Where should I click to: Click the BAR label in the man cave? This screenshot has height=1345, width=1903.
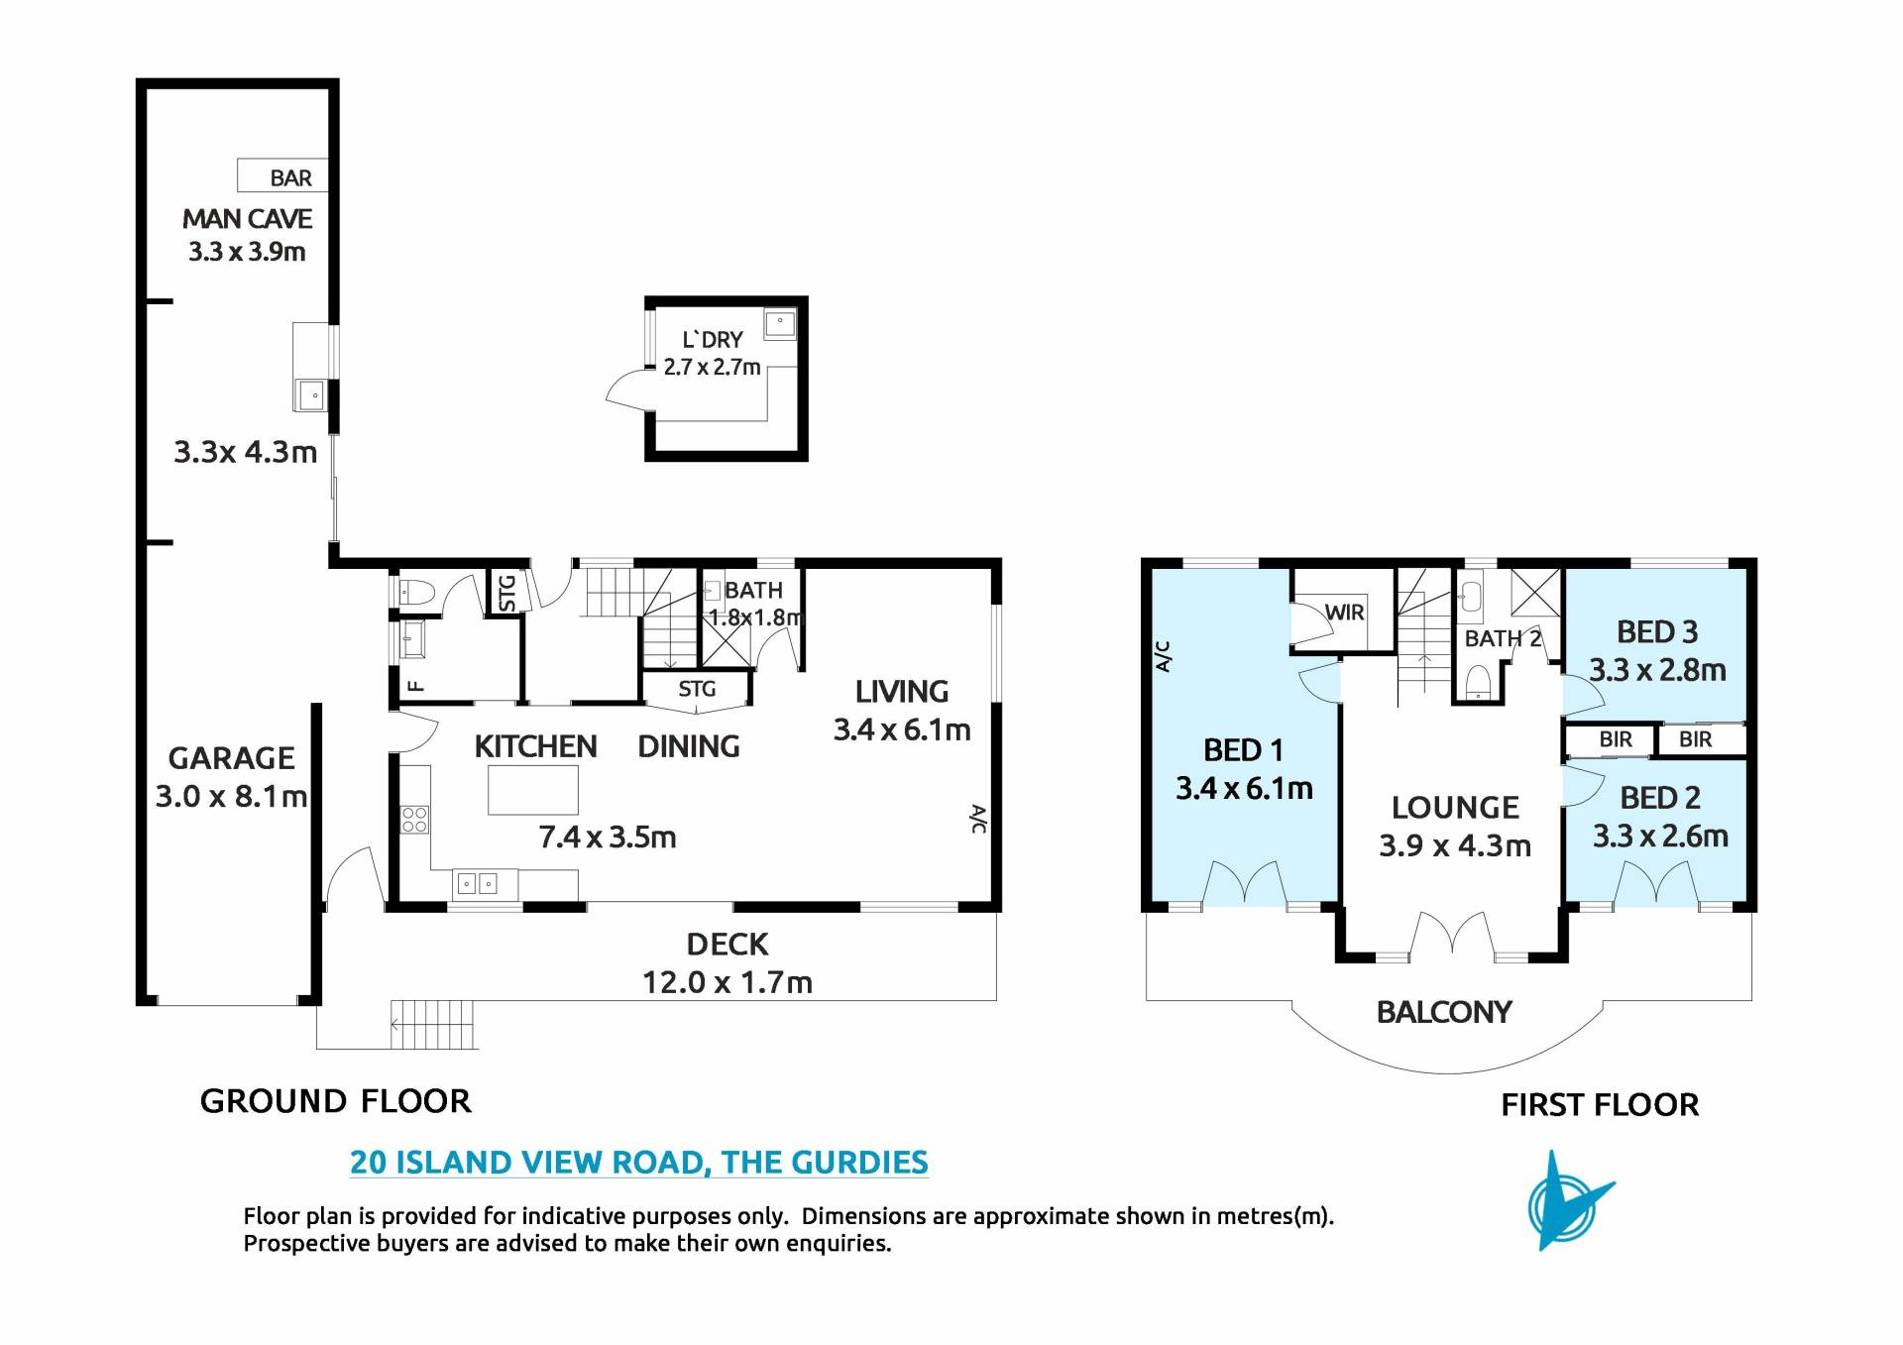coord(290,178)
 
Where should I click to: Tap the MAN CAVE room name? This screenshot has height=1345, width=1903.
coord(247,219)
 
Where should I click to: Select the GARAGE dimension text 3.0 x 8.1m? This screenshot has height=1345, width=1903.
coord(231,797)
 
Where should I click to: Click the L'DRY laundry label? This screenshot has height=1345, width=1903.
coord(712,340)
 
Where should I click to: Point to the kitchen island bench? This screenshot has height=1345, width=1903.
coord(533,790)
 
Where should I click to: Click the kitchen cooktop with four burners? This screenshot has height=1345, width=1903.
coord(414,819)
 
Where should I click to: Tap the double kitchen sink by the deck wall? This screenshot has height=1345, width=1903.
coord(477,883)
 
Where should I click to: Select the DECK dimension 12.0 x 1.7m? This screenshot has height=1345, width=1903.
coord(728,983)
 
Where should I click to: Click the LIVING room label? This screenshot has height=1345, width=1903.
coord(902,691)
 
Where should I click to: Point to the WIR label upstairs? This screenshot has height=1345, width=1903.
coord(1344,613)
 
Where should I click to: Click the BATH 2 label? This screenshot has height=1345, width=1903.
coord(1503,639)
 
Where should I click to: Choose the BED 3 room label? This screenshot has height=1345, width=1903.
coord(1657,632)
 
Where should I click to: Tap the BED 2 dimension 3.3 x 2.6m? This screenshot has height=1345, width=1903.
coord(1660,837)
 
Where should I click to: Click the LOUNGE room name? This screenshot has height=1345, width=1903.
coord(1455,808)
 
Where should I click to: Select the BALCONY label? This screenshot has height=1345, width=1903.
coord(1444,1012)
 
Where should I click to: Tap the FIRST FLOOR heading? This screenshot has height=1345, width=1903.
coord(1600,1104)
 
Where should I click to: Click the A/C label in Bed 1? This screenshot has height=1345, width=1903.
coord(1164,656)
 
